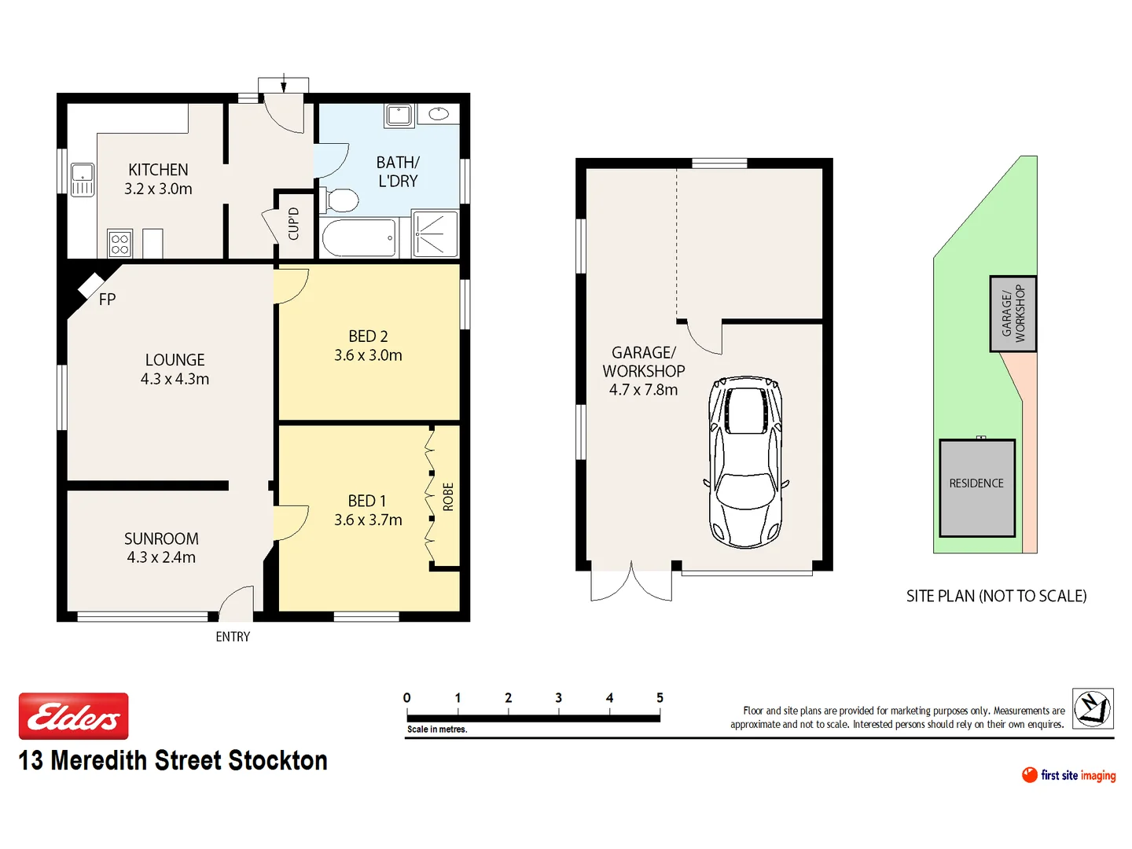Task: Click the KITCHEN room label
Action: click(x=158, y=170)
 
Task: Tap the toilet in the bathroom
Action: click(x=340, y=200)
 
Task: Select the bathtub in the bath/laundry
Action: click(x=358, y=238)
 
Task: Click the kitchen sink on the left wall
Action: click(x=83, y=179)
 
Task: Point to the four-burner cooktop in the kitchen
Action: click(x=119, y=244)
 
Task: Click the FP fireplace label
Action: click(x=107, y=300)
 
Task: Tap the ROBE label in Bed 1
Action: click(x=448, y=497)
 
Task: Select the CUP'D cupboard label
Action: click(x=293, y=224)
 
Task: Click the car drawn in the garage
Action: click(x=745, y=461)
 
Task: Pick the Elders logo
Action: click(x=74, y=716)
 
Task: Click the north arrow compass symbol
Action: click(x=1093, y=707)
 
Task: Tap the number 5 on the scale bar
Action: click(x=660, y=698)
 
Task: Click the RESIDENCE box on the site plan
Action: click(x=976, y=487)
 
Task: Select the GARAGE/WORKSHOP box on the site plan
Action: click(x=1013, y=313)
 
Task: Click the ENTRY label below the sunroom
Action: click(x=233, y=637)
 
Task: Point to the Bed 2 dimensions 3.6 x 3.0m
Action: click(x=368, y=355)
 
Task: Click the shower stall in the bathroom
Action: click(x=435, y=233)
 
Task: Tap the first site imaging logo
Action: click(x=1068, y=775)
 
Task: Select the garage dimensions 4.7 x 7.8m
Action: click(x=643, y=390)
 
